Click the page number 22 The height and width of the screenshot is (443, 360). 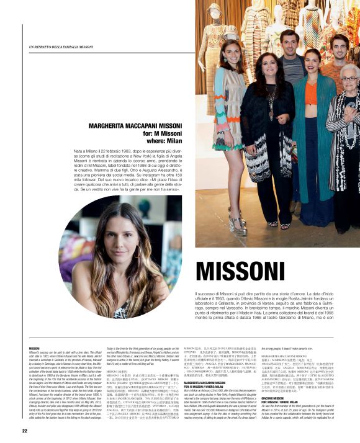[x=24, y=431]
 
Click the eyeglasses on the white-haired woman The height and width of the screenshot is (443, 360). [x=349, y=79]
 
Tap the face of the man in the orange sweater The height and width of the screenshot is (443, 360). [x=336, y=46]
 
